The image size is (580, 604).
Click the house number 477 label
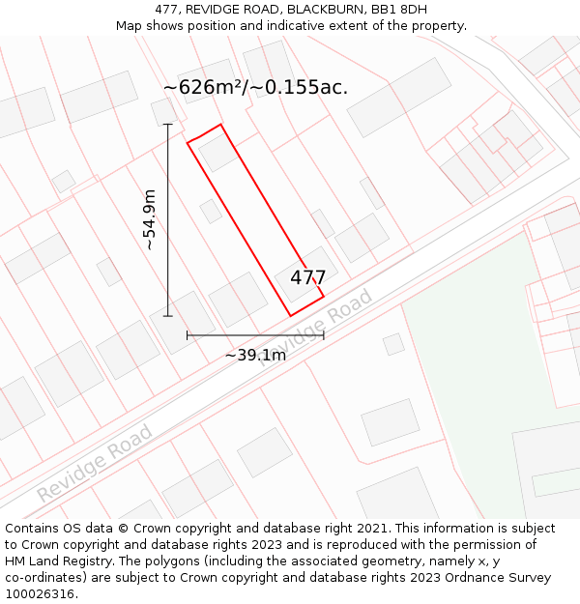pyautogui.click(x=307, y=277)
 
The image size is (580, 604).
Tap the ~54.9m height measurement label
pyautogui.click(x=149, y=220)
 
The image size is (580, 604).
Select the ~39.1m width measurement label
pyautogui.click(x=255, y=355)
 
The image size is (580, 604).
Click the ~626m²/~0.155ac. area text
pyautogui.click(x=255, y=87)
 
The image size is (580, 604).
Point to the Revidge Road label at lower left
pyautogui.click(x=95, y=463)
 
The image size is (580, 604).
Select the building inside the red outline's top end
pyautogui.click(x=217, y=153)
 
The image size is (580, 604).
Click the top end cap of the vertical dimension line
pyautogui.click(x=168, y=125)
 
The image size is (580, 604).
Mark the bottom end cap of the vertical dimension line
pyautogui.click(x=168, y=316)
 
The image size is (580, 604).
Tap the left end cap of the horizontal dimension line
pyautogui.click(x=188, y=335)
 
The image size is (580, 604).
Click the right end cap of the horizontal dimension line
pyautogui.click(x=324, y=335)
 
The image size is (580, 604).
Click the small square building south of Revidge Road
pyautogui.click(x=393, y=343)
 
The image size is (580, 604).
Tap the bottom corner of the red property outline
pyautogui.click(x=291, y=316)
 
